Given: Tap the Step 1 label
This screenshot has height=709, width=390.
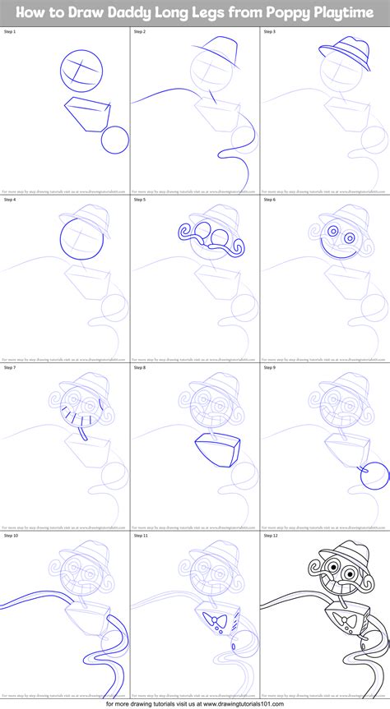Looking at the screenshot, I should [11, 31].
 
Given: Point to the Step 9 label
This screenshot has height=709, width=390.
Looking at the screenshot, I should [271, 367].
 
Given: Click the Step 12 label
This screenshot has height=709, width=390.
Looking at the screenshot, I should [272, 535].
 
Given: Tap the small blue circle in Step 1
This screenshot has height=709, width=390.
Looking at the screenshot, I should [114, 140].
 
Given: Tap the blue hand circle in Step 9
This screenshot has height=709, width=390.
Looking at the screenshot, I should [374, 474].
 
